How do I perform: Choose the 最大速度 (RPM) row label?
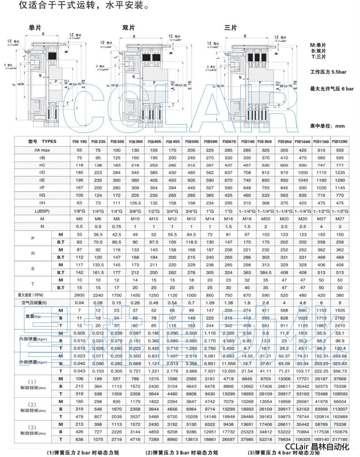click(34, 294)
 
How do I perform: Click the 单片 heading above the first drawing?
click(35, 28)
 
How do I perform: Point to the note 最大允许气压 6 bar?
click(332, 89)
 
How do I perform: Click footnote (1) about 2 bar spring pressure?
click(79, 452)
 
